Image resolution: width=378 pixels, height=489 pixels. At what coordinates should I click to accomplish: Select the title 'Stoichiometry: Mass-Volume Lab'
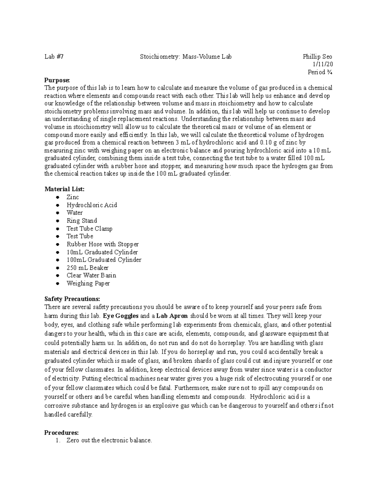[x=186, y=57]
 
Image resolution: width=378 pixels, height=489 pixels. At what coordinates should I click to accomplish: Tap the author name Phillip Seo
[x=317, y=57]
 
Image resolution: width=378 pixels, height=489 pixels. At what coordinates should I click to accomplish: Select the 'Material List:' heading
[x=65, y=189]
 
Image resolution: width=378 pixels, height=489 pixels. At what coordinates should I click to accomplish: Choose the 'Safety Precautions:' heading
[x=72, y=299]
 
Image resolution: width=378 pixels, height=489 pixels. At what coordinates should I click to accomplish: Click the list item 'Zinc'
[x=73, y=197]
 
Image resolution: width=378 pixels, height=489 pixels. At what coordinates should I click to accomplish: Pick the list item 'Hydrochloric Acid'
[x=92, y=205]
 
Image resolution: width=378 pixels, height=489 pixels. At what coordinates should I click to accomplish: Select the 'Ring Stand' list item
[x=82, y=221]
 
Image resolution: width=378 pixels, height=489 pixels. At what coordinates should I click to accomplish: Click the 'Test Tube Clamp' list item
[x=89, y=229]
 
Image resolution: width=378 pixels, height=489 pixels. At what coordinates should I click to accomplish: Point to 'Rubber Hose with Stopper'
[x=102, y=244]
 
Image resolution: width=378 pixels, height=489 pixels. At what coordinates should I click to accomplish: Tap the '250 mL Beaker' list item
[x=87, y=268]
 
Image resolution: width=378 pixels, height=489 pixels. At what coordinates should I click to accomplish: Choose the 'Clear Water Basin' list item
[x=91, y=276]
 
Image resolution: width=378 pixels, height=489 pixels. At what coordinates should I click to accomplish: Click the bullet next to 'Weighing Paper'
[x=57, y=283]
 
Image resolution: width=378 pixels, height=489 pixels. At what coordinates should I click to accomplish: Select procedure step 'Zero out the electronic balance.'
[x=109, y=441]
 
